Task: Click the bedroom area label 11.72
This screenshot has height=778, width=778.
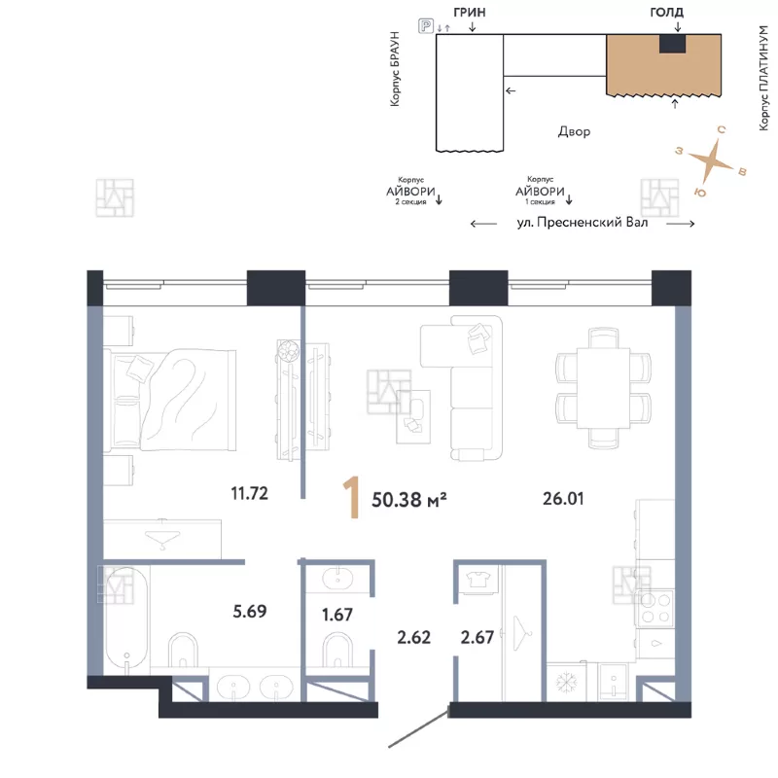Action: [x=249, y=493]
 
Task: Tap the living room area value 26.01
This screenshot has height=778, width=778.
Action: [x=563, y=498]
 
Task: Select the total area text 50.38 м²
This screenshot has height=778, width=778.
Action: [x=408, y=500]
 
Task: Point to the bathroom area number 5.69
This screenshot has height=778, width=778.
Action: [x=250, y=611]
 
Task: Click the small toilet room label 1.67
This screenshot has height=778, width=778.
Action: [x=337, y=615]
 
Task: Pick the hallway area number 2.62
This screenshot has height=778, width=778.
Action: [x=414, y=637]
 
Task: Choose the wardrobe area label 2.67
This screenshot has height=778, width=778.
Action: [x=477, y=637]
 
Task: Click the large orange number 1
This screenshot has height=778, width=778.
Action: [x=352, y=498]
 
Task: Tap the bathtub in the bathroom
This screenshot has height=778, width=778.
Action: [x=127, y=620]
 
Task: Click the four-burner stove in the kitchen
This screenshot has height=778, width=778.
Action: [x=655, y=609]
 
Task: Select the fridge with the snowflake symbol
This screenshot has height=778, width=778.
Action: [x=566, y=683]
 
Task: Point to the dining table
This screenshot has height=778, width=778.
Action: [x=603, y=387]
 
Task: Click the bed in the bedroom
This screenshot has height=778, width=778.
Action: [x=169, y=401]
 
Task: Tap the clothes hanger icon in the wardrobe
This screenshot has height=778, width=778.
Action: [x=521, y=633]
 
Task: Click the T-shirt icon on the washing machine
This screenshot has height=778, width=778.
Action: [x=478, y=579]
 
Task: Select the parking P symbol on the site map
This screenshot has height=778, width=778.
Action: [x=426, y=25]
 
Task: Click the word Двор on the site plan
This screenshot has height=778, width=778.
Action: [x=574, y=131]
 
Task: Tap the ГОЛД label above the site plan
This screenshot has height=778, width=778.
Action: [x=666, y=12]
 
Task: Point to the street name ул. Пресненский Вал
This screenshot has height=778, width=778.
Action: [x=583, y=223]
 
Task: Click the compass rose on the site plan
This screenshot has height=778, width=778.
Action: [x=712, y=159]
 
